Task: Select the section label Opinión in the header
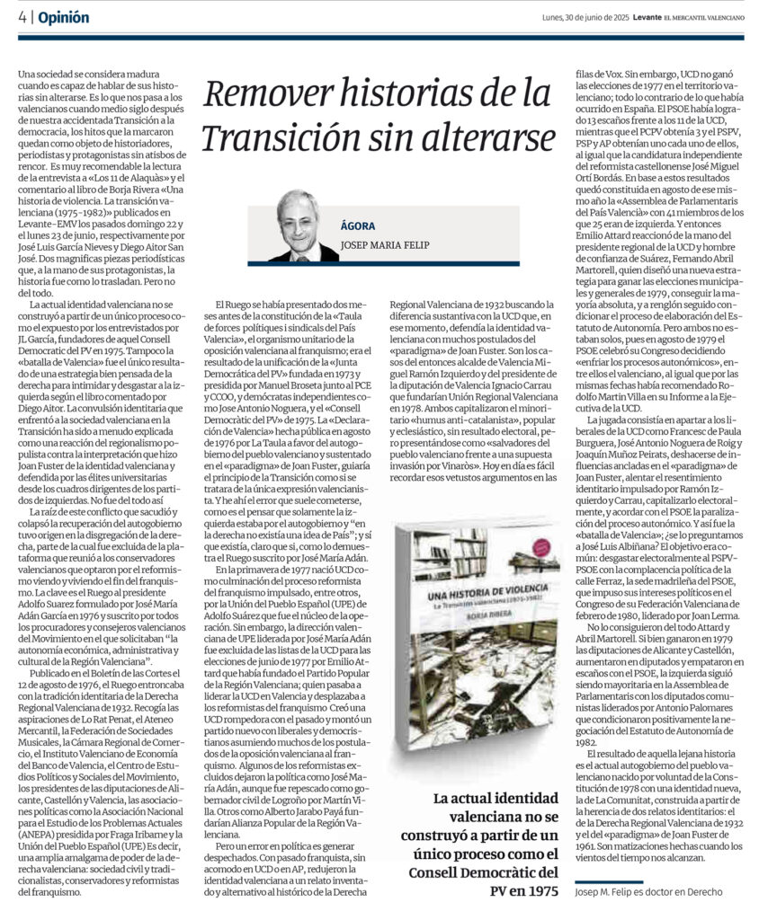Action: [x=65, y=18]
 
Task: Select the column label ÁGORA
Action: [x=357, y=226]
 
